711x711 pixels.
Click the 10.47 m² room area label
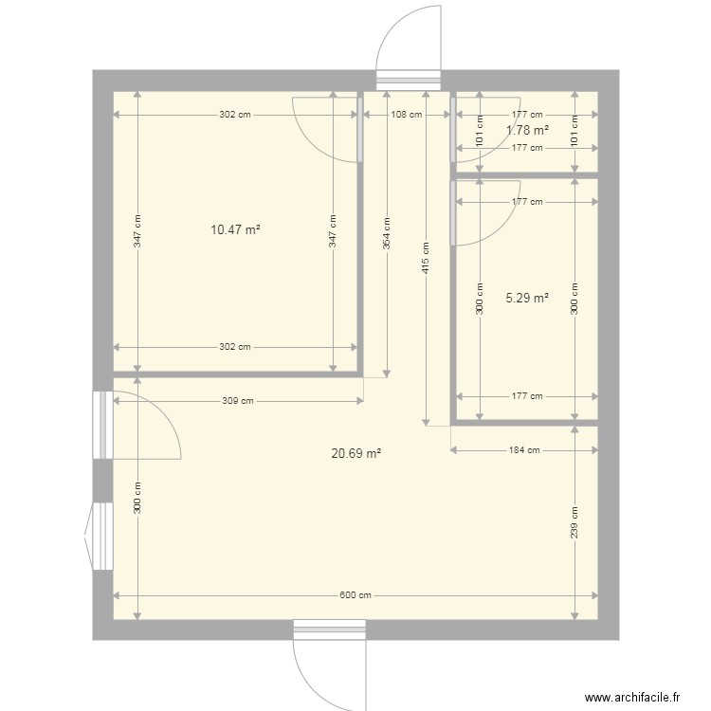(235, 230)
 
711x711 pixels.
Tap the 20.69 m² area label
(355, 453)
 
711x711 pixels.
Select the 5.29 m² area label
(527, 298)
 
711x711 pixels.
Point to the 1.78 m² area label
(527, 130)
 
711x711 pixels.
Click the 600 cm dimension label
(355, 595)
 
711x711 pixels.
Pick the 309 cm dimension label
(238, 401)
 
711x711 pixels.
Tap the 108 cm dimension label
(407, 115)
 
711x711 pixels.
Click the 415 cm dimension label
(426, 258)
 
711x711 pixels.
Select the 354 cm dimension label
(387, 233)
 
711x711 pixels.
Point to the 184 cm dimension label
(524, 450)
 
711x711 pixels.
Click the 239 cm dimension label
(574, 522)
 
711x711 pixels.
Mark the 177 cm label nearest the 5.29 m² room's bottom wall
(527, 396)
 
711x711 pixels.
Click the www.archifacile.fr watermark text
(632, 697)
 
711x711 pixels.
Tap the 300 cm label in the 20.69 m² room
(137, 498)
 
